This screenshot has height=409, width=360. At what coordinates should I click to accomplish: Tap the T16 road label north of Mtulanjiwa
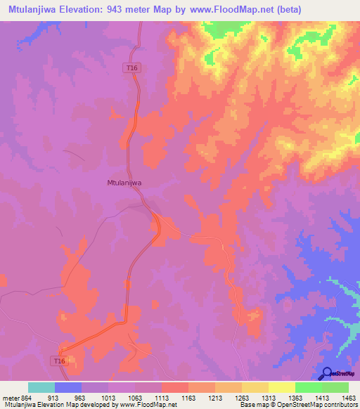pos(130,67)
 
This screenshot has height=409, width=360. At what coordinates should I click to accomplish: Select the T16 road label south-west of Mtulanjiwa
pos(60,361)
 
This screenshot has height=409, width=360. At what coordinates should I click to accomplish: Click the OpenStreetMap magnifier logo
pos(328,373)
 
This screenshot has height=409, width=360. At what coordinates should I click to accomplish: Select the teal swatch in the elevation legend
pos(41,387)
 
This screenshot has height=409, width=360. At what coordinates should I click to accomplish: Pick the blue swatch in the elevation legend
pos(67,387)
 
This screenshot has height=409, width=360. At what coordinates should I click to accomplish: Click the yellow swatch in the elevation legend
pos(255,387)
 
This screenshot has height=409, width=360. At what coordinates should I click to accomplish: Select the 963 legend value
pos(86,398)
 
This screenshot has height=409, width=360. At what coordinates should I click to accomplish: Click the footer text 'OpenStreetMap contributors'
pos(316,405)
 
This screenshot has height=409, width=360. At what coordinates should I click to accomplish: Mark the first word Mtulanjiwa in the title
pos(35,10)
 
